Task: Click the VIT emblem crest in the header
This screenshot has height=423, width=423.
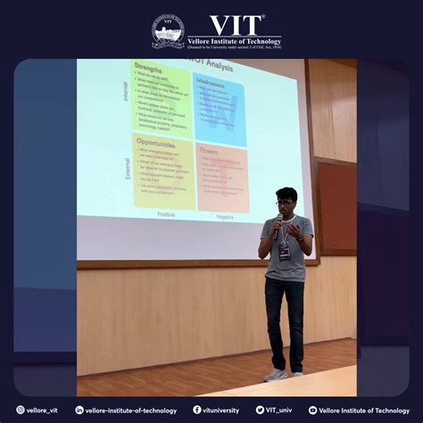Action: pyautogui.click(x=168, y=32)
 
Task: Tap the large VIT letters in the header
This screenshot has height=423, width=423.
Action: pyautogui.click(x=236, y=25)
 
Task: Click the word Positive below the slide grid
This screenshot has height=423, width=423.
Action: pyautogui.click(x=167, y=215)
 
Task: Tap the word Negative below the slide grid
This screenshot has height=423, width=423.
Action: pyautogui.click(x=225, y=216)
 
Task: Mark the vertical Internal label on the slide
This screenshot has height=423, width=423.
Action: pyautogui.click(x=126, y=92)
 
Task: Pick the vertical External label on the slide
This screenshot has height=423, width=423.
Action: pyautogui.click(x=127, y=169)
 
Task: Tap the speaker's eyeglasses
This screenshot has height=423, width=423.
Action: pyautogui.click(x=283, y=203)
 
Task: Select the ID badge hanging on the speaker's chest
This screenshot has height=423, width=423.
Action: pyautogui.click(x=285, y=254)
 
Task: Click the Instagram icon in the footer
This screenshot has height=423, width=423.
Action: pyautogui.click(x=21, y=411)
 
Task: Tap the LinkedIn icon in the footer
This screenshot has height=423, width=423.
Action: pyautogui.click(x=79, y=411)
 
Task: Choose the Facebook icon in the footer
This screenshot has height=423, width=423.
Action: pyautogui.click(x=197, y=411)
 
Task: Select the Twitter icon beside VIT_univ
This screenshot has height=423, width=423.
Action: pyautogui.click(x=260, y=411)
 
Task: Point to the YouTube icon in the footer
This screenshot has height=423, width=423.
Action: pyautogui.click(x=312, y=411)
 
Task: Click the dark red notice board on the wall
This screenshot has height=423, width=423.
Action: pyautogui.click(x=337, y=206)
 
